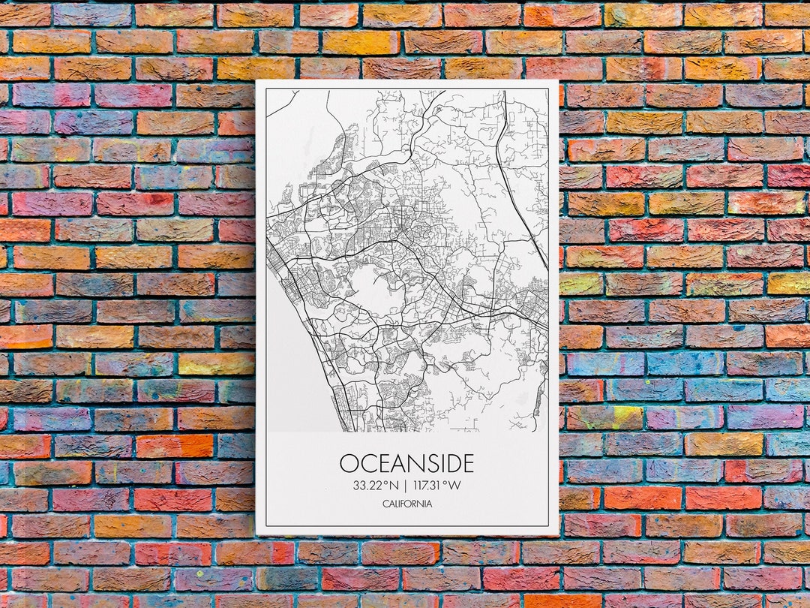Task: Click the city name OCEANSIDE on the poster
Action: (x=406, y=462)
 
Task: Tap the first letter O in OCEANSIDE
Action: (x=348, y=462)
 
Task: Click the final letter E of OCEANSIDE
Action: (x=467, y=462)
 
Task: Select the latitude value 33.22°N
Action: (x=376, y=485)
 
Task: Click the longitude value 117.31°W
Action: (x=436, y=485)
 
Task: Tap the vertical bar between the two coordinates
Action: (x=406, y=485)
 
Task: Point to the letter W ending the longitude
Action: (x=454, y=485)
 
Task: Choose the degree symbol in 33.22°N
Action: (x=386, y=482)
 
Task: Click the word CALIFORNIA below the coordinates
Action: (x=406, y=504)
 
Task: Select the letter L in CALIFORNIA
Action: (x=396, y=504)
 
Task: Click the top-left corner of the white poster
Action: (x=256, y=81)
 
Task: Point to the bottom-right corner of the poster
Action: (x=558, y=534)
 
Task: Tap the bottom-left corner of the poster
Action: (x=256, y=534)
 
